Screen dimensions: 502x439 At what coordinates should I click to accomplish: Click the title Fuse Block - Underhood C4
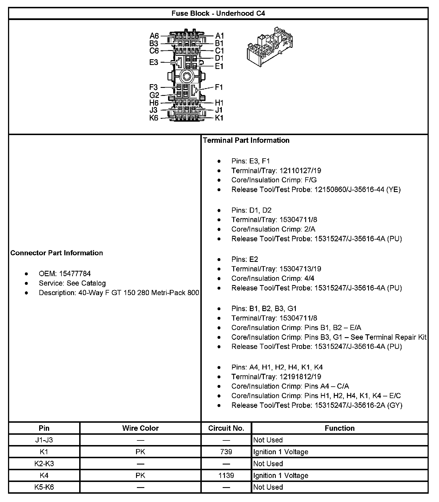[218, 13]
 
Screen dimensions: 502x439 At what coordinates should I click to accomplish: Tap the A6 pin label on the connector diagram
[154, 36]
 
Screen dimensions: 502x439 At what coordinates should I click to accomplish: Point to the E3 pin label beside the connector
[154, 62]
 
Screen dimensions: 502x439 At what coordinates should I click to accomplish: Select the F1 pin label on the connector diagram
[219, 87]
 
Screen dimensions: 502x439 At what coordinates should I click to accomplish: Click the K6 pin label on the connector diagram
[154, 118]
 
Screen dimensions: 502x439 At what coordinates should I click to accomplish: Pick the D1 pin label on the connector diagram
[219, 58]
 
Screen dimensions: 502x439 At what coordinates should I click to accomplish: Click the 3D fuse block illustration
[270, 48]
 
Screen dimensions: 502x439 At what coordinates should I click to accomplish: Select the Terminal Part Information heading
[246, 140]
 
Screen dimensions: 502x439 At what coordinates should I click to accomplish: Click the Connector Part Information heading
[57, 253]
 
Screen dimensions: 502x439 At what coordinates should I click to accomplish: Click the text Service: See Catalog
[72, 283]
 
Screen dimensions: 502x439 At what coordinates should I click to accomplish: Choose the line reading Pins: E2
[245, 259]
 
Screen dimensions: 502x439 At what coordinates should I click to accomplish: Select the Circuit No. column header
[226, 428]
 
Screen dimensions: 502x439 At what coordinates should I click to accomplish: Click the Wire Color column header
[140, 428]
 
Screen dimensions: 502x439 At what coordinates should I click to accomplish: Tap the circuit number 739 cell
[226, 452]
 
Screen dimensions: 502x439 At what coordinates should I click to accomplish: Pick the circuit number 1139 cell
[226, 475]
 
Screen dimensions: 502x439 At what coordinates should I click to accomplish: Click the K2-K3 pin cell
[44, 464]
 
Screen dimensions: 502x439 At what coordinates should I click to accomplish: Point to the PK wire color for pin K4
[140, 475]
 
